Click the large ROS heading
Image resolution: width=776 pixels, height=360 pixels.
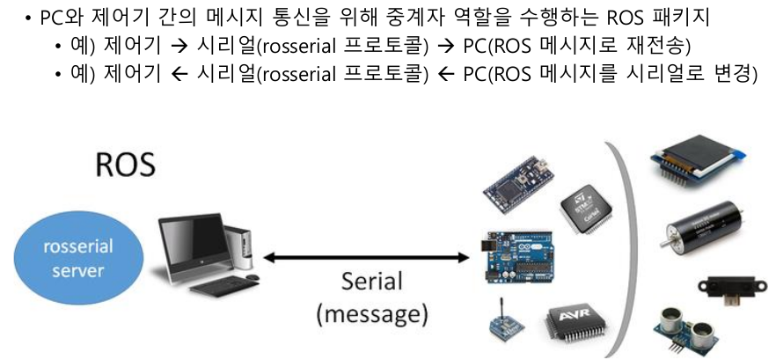(126, 165)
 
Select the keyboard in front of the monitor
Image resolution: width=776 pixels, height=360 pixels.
(213, 286)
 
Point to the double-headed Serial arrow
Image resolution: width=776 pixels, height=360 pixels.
(366, 258)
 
